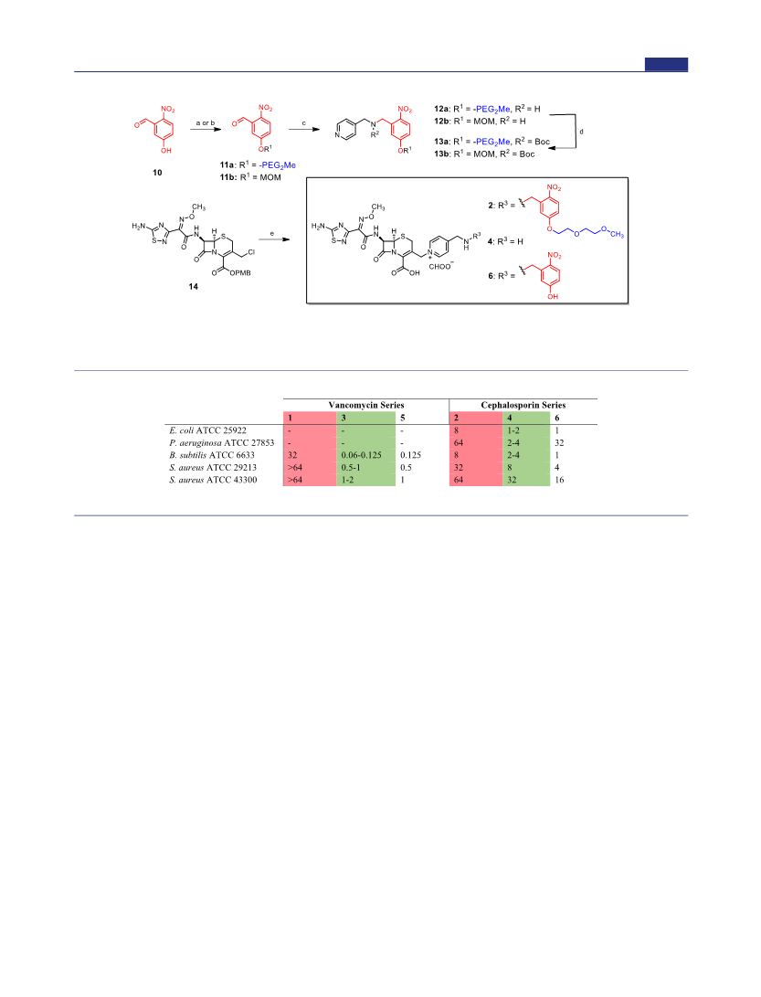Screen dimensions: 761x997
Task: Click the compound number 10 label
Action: point(157,173)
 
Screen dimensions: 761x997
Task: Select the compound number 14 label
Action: point(194,287)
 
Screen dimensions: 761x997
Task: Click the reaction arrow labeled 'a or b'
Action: point(206,130)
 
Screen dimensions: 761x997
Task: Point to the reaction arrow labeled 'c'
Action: point(304,130)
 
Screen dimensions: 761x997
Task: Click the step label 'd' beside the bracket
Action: point(581,132)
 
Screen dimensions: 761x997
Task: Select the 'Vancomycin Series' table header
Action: point(366,405)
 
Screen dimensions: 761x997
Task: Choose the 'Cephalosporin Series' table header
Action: point(523,405)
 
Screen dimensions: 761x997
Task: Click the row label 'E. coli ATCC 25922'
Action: point(208,430)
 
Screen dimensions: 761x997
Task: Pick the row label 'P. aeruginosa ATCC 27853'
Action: point(222,442)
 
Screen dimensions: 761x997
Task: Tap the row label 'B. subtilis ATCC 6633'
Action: point(212,455)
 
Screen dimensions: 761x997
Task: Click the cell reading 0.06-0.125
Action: point(361,455)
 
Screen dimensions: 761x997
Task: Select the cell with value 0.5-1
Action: point(350,467)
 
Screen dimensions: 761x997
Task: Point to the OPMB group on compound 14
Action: point(240,272)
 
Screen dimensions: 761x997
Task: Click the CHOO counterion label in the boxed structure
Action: point(440,266)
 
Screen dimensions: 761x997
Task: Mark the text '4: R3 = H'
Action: point(505,241)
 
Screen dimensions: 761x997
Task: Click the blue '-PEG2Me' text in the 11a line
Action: point(277,165)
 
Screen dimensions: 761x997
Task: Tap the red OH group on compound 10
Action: point(166,151)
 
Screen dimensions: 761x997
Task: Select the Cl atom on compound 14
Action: point(252,252)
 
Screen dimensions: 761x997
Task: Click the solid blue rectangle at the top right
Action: point(666,64)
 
